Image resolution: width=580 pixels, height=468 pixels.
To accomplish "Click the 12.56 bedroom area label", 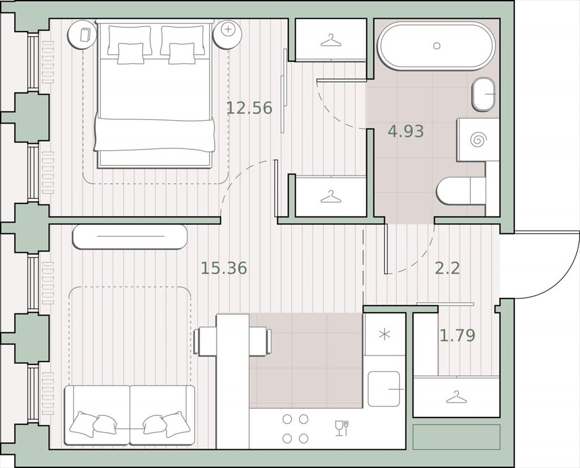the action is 249,108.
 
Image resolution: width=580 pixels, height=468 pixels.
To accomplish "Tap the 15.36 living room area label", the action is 224,268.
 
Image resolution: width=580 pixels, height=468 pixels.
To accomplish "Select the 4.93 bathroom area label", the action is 406,131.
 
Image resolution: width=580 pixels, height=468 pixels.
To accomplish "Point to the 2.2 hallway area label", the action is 447,268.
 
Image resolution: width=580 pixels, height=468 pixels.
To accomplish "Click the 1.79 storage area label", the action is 457,335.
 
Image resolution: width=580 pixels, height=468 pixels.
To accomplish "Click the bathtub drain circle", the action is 437,46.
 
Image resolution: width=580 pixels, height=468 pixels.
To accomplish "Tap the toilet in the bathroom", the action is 460,191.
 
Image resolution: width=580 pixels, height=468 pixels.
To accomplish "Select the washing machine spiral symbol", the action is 478,139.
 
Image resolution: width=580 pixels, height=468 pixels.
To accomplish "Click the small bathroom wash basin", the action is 484,94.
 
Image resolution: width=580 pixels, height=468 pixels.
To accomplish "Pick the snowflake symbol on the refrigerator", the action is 385,334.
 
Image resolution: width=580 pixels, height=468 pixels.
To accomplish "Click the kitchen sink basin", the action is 384,389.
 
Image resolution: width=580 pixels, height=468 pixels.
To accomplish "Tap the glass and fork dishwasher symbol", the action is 342,428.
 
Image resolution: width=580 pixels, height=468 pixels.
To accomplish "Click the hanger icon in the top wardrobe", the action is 330,40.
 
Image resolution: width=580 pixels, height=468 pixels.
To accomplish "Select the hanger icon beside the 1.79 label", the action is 456,397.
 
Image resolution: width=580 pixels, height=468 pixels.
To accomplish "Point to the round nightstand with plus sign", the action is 228,33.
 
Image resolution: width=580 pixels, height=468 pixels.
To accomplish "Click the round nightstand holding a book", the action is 82,34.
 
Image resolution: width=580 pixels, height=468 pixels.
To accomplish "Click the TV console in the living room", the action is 130,236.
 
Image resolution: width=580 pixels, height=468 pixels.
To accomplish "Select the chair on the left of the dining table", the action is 205,341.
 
